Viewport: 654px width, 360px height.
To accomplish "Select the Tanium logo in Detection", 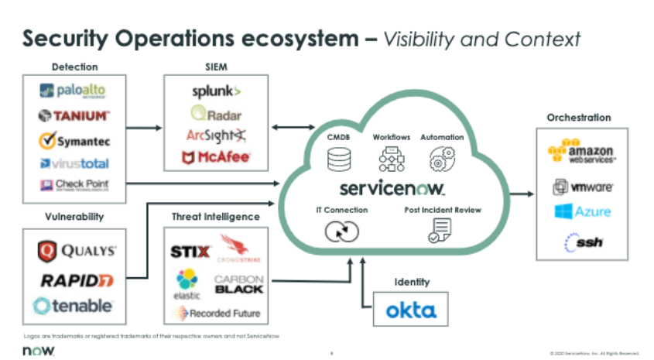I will coord(73,116).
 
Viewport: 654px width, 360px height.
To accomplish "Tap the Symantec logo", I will coord(74,140).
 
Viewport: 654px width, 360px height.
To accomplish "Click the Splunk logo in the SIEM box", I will coord(216,92).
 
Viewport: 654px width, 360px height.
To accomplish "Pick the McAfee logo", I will coord(216,158).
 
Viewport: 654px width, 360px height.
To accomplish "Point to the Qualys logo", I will coord(77,251).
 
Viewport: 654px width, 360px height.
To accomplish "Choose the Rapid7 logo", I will coord(77,279).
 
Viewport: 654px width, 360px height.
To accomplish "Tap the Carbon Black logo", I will coord(238,284).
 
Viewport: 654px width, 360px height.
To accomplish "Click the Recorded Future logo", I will coord(216,314).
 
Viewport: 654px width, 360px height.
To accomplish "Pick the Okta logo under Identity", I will coord(411,311).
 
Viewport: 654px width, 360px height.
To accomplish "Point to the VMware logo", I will coord(583,187).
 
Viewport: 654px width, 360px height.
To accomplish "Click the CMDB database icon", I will coord(339,159).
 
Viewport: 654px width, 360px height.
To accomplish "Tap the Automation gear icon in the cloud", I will coord(442,159).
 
